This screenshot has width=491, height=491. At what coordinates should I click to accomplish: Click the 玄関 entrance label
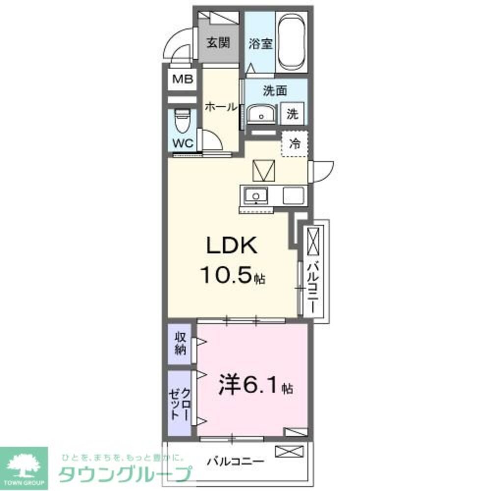218,43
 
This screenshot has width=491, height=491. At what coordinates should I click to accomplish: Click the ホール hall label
221,107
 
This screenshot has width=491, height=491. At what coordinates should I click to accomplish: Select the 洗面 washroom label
275,90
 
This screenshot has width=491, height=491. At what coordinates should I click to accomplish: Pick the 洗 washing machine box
293,114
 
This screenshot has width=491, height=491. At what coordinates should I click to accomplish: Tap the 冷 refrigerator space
295,143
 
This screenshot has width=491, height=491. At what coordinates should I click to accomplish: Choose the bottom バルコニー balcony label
235,462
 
